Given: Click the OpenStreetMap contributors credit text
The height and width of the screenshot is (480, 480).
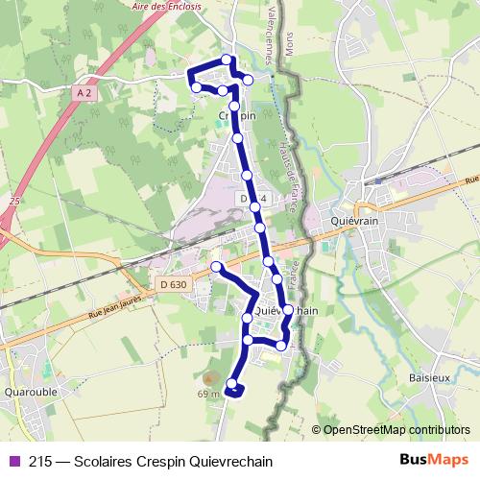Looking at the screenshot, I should pyautogui.click(x=396, y=430).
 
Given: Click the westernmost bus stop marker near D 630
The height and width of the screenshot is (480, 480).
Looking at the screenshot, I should pyautogui.click(x=217, y=266).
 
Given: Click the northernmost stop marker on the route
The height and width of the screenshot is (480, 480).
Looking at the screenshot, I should pyautogui.click(x=227, y=60).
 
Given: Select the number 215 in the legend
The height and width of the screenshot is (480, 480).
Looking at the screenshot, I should pyautogui.click(x=41, y=461).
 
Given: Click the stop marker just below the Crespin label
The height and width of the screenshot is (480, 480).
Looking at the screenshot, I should pyautogui.click(x=237, y=138).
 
